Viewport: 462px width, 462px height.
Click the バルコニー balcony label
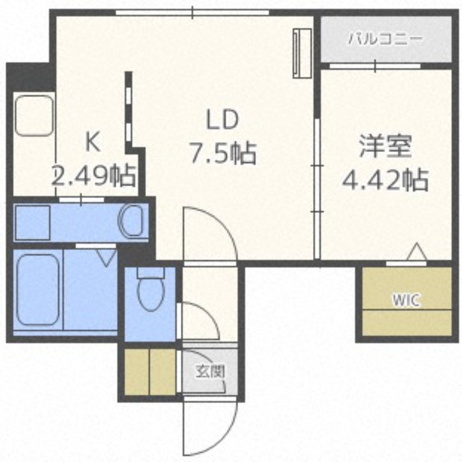385,39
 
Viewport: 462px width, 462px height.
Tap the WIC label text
406,300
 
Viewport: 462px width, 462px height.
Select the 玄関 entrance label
210,372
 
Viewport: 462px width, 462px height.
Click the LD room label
222,120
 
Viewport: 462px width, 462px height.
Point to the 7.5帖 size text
223,152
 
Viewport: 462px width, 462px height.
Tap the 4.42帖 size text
385,180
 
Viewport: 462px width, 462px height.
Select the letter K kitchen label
92,142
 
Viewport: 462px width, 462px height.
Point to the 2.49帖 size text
94,176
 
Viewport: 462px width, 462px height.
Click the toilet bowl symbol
151,290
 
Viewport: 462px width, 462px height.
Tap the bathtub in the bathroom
38,290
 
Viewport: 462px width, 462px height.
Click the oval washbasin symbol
131,221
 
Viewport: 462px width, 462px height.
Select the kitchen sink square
35,115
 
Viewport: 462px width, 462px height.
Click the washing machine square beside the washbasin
33,222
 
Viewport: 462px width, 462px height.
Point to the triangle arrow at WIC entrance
416,252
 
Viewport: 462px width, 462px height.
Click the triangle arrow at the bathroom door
107,258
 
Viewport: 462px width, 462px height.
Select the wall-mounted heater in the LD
302,53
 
